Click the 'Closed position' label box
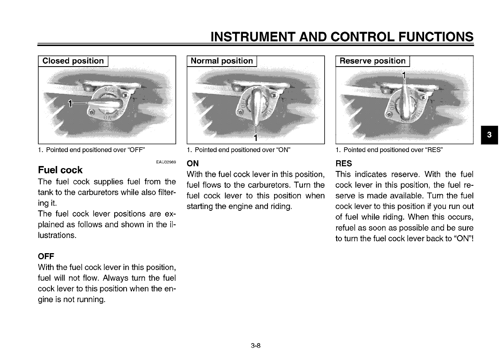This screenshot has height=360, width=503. [x=73, y=61]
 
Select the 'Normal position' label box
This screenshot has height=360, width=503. [x=222, y=61]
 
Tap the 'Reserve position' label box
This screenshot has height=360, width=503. [x=373, y=61]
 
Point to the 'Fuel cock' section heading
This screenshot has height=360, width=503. [x=60, y=170]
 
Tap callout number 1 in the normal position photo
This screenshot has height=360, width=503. [x=256, y=137]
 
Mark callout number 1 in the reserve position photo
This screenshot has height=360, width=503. [x=404, y=76]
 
